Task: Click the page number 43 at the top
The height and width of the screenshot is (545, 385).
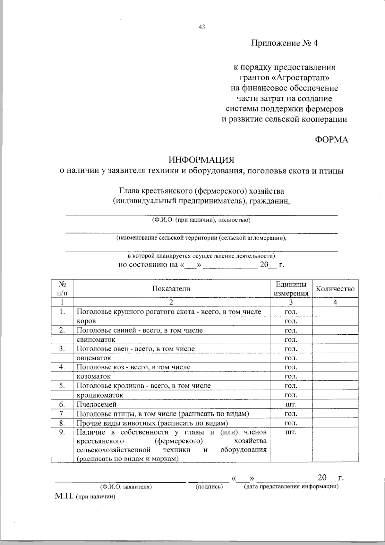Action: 202,27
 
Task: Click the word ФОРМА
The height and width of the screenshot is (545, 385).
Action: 331,140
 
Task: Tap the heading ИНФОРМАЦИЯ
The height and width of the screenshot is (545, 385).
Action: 202,160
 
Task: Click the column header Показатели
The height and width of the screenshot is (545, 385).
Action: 171,289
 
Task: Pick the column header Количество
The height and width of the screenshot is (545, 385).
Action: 335,289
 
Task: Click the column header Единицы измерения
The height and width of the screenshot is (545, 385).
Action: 291,289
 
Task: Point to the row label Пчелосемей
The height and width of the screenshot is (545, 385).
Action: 97,404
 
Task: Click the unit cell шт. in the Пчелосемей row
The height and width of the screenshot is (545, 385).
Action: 291,404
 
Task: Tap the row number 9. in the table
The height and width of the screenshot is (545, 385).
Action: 62,432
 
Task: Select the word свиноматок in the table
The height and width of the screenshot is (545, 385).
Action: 96,339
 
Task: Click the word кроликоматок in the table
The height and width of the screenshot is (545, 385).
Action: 100,395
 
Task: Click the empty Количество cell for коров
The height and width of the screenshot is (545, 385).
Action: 335,321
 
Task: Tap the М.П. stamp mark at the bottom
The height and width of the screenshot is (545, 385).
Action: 64,496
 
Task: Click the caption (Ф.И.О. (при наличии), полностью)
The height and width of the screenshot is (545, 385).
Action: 201,220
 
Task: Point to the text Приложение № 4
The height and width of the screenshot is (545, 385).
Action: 284,43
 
